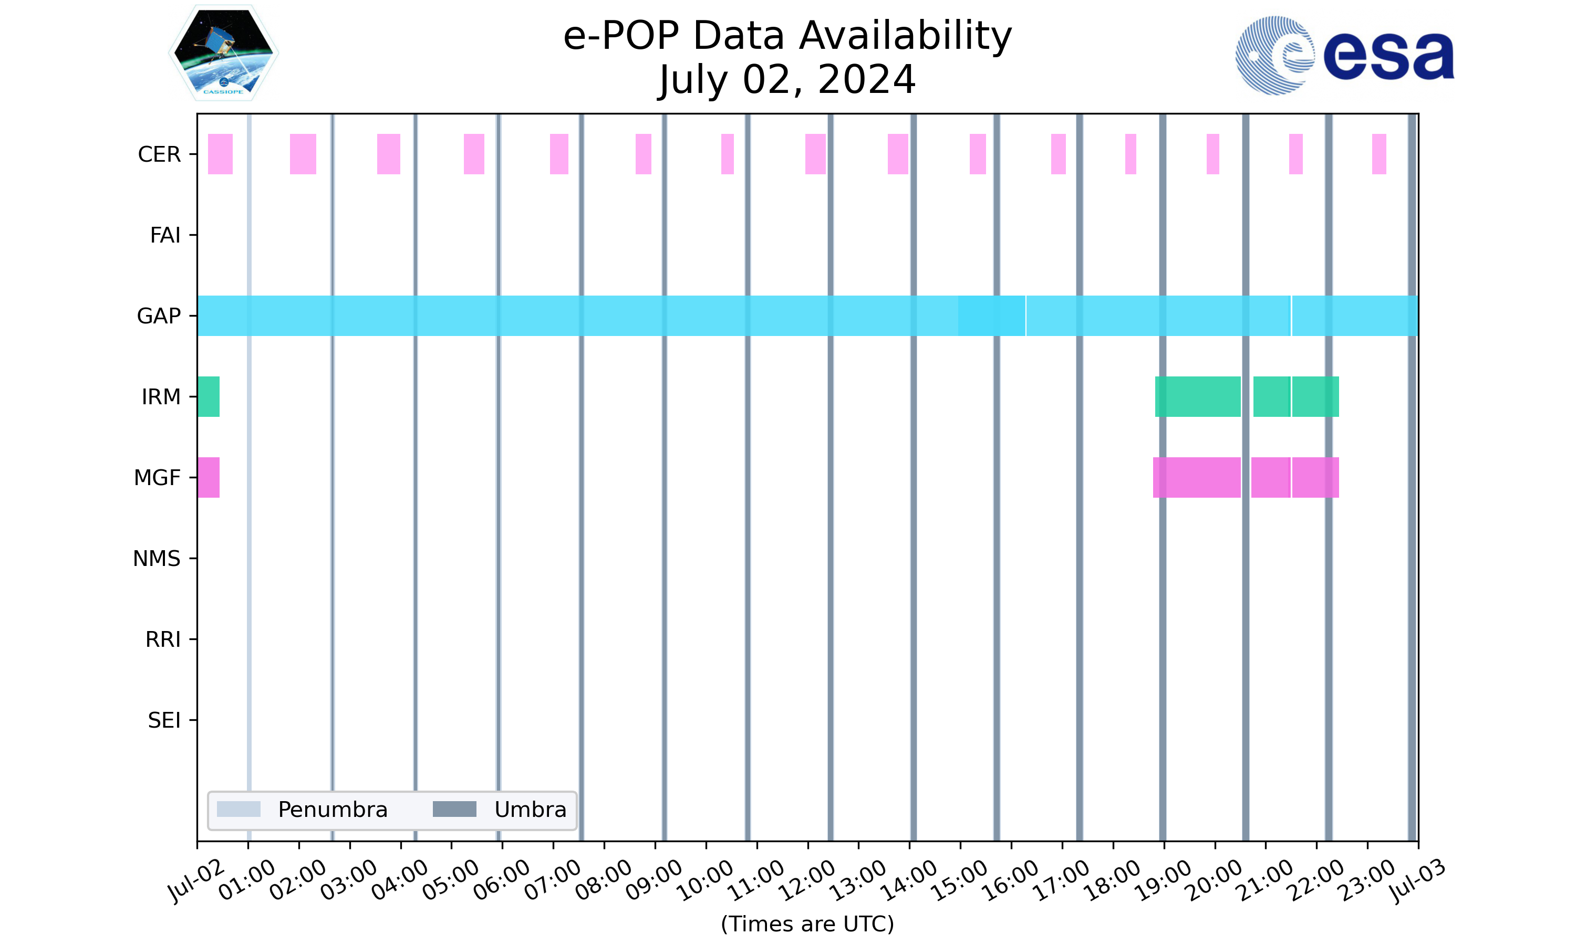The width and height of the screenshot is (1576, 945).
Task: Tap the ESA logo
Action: [1344, 56]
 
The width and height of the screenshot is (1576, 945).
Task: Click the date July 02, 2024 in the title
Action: [787, 80]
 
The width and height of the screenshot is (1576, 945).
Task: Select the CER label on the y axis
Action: [159, 154]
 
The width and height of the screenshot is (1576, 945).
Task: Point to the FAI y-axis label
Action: [165, 235]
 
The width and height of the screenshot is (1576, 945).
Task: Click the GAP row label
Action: [159, 316]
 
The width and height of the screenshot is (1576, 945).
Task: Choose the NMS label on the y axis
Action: [157, 559]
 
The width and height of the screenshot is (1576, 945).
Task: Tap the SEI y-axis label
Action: [164, 720]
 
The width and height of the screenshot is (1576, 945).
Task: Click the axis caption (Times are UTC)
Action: [807, 923]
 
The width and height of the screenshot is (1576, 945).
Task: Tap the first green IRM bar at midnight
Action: [209, 397]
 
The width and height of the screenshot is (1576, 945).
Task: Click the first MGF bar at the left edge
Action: [209, 478]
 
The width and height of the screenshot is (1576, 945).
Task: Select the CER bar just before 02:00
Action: [303, 154]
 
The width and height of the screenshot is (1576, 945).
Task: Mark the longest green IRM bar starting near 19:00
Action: [1198, 397]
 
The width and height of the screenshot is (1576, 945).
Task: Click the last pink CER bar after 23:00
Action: [1378, 154]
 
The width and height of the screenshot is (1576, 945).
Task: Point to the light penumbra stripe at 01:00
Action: [249, 573]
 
